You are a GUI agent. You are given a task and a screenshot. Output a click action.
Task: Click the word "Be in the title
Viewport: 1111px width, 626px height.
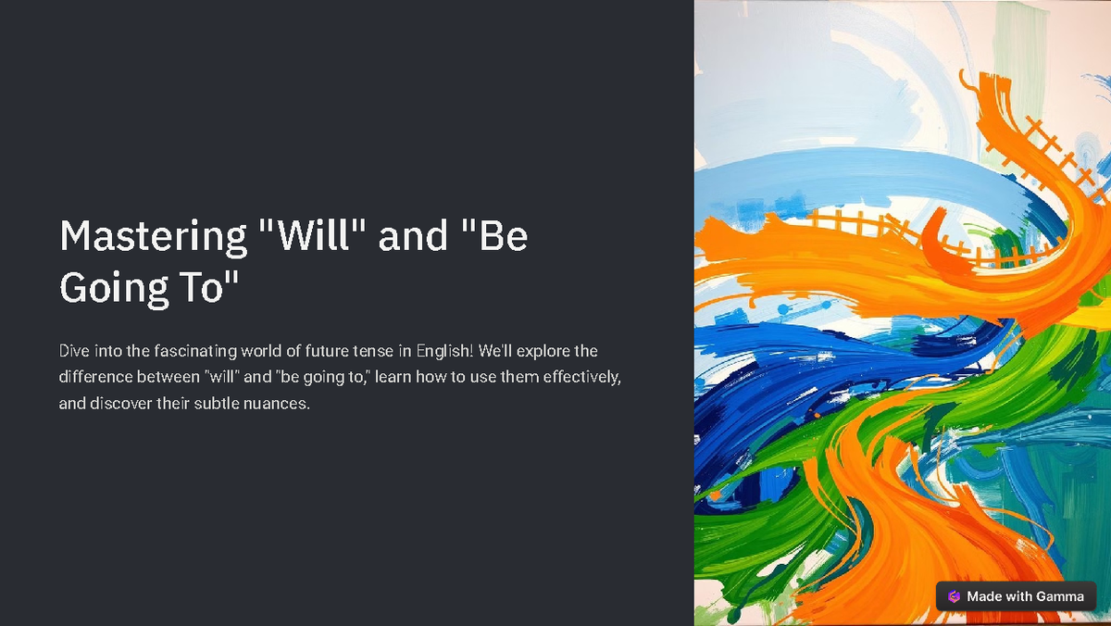tap(493, 237)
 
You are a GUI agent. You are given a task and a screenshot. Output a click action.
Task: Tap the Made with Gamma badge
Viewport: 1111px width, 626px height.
tap(1017, 596)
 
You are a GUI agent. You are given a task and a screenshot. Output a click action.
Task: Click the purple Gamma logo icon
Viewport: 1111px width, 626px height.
tap(955, 596)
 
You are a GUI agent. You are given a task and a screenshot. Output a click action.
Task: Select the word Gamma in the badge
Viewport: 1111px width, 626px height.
tap(1059, 596)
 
